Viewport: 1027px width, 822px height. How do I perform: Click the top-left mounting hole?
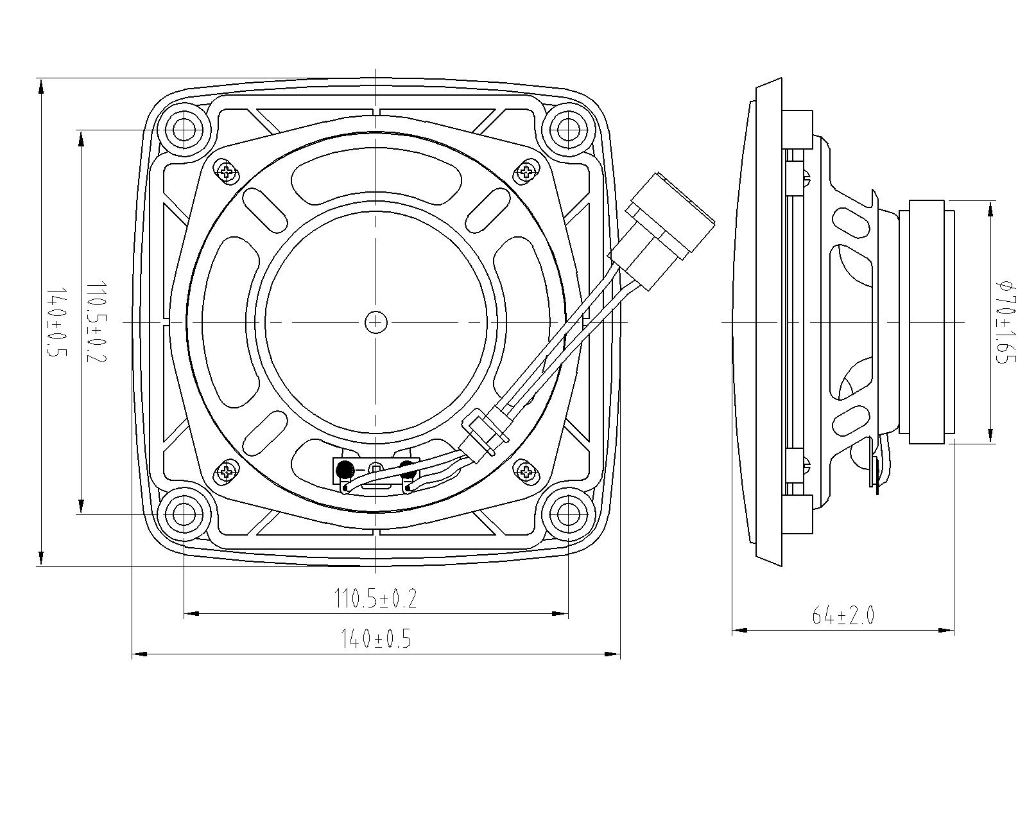tap(184, 130)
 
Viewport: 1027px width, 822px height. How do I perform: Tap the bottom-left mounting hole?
tap(184, 513)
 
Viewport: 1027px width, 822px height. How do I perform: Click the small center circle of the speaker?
tap(375, 322)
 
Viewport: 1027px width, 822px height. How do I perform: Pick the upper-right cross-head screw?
tap(526, 171)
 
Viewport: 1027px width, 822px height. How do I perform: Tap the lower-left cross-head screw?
tap(226, 473)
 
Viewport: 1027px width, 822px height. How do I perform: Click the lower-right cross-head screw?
tap(526, 473)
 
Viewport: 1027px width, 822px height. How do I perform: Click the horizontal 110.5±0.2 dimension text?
tap(375, 599)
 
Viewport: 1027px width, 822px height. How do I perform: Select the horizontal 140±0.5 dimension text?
tap(375, 639)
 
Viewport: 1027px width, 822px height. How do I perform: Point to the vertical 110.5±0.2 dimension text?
tap(96, 321)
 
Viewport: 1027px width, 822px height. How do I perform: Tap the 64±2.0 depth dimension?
tap(843, 615)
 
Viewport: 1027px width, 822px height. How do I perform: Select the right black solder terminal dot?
tap(407, 469)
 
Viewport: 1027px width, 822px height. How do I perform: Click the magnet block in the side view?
tap(926, 322)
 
